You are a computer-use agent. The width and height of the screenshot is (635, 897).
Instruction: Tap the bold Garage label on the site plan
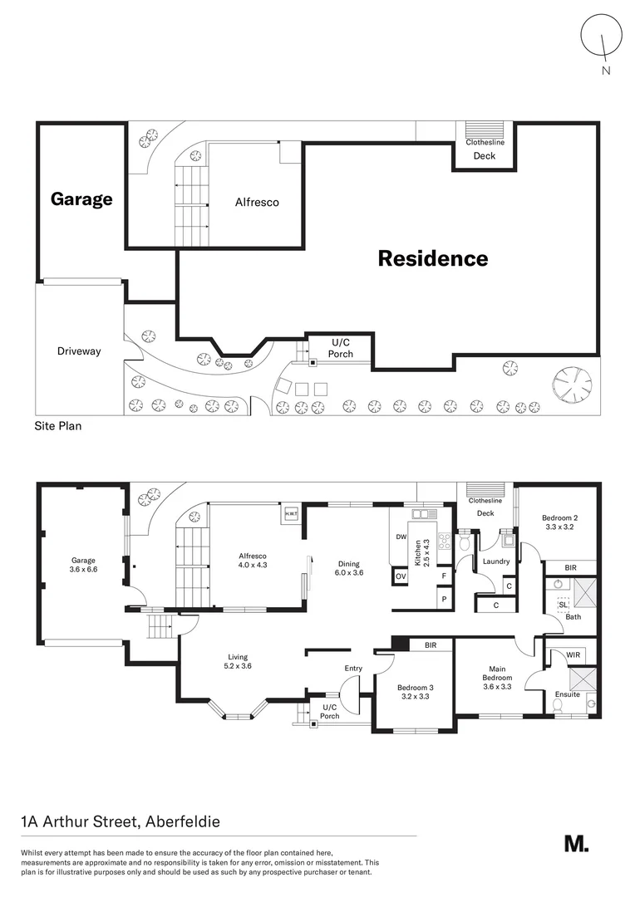point(81,199)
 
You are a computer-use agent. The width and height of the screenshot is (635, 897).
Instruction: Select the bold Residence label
point(433,258)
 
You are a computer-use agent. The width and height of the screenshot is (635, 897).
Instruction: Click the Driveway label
point(79,351)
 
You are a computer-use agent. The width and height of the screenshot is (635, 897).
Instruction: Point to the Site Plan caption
point(58,426)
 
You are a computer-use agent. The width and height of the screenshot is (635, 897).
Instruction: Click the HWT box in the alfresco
point(292,513)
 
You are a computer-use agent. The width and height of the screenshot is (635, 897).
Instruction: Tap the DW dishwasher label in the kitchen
point(401,537)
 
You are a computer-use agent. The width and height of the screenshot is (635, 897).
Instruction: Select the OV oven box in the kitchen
point(401,576)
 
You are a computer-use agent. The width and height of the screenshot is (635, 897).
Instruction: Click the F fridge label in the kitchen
point(445,576)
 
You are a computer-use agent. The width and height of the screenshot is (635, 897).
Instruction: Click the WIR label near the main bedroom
point(572,656)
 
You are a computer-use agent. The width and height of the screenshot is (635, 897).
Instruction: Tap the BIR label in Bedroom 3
point(431,645)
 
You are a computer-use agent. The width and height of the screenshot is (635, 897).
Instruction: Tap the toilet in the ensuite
point(560,707)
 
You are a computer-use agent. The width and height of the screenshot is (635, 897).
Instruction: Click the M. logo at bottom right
point(576,843)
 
